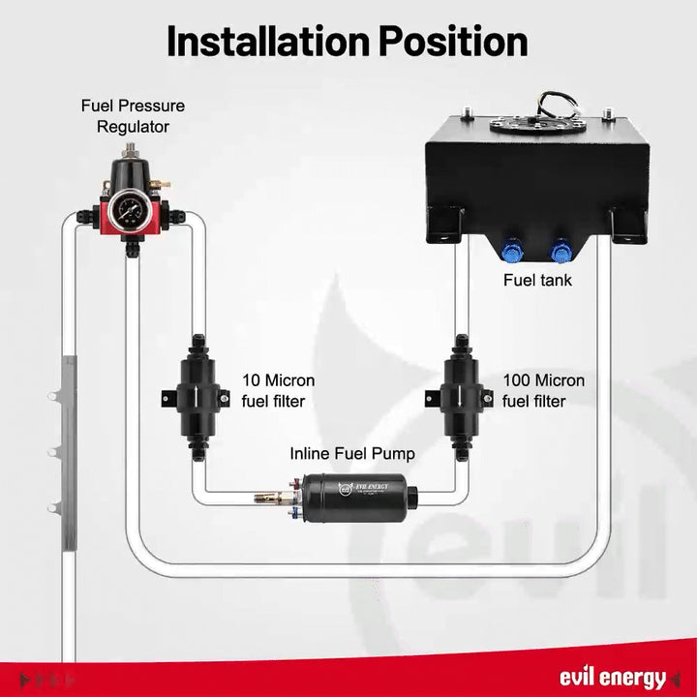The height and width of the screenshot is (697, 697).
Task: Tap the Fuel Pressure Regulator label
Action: click(x=133, y=115)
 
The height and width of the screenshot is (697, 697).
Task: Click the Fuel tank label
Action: click(x=537, y=281)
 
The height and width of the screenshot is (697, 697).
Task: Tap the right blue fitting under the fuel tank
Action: click(x=560, y=253)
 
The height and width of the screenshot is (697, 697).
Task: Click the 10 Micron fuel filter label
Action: click(x=278, y=391)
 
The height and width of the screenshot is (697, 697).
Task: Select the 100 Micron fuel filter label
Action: click(x=543, y=391)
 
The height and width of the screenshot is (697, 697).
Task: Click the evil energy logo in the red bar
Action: click(x=612, y=678)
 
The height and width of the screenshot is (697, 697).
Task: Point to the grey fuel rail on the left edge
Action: click(x=67, y=445)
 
